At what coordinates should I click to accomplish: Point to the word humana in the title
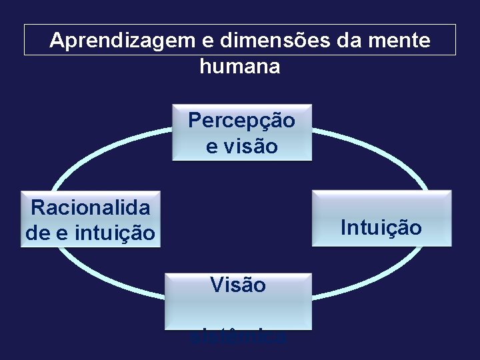(x=240, y=66)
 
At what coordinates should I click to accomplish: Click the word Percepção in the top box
(x=241, y=121)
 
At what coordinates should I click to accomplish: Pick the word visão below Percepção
(x=251, y=147)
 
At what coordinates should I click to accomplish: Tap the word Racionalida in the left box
(x=91, y=208)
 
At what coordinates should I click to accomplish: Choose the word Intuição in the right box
(x=381, y=228)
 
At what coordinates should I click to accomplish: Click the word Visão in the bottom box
(x=238, y=285)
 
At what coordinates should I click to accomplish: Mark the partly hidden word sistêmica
(x=238, y=337)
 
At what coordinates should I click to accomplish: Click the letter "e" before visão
(x=211, y=147)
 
